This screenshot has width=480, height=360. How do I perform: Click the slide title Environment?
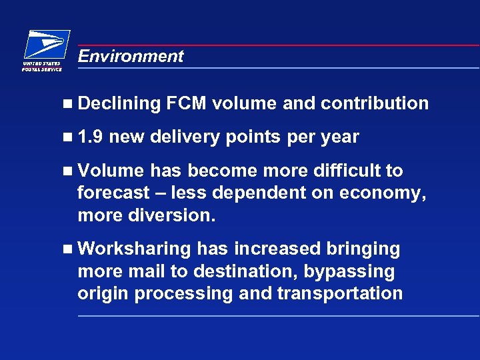click(130, 56)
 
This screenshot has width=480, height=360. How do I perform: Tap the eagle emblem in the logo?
click(47, 45)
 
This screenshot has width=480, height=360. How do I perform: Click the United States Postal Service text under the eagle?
click(42, 65)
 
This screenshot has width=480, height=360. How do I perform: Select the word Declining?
click(119, 103)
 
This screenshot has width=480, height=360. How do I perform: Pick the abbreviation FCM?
click(188, 103)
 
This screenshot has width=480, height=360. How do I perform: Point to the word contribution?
click(375, 103)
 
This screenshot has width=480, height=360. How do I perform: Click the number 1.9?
click(90, 137)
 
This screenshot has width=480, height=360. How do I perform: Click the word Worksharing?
click(134, 249)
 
